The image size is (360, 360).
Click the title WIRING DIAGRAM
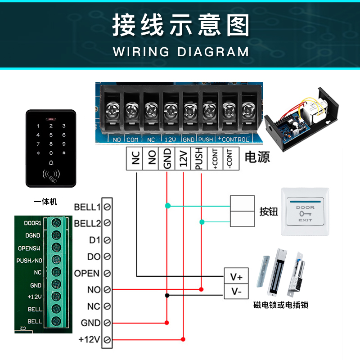coord(180,51)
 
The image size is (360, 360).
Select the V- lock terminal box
coord(236,292)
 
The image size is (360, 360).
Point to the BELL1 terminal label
coord(87,207)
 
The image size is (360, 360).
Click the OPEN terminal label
coord(87,273)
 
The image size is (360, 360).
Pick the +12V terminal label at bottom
coord(89,339)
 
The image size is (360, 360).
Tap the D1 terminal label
coord(94,240)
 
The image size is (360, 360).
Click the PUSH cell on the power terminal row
coord(199,159)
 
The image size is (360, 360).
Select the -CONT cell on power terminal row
coord(230,159)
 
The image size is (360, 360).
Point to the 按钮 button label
coord(269,211)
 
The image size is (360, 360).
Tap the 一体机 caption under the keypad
coord(46,202)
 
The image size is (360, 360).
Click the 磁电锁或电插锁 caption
coord(281,306)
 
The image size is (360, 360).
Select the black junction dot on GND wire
coord(167,295)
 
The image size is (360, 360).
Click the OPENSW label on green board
coord(30,248)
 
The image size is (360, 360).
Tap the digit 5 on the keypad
coord(51,135)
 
